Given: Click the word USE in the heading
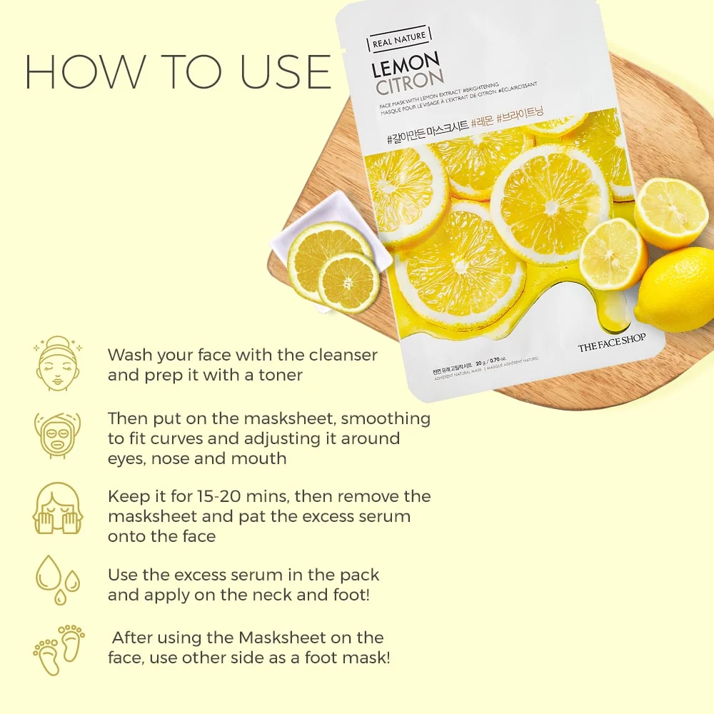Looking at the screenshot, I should (x=286, y=71).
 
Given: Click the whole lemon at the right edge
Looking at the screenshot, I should (x=677, y=289).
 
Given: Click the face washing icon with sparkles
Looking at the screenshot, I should (x=58, y=363).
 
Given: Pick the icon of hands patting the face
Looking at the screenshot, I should (x=58, y=508).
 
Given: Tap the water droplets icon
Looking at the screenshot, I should (x=58, y=578).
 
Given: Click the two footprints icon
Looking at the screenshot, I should (x=58, y=649).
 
